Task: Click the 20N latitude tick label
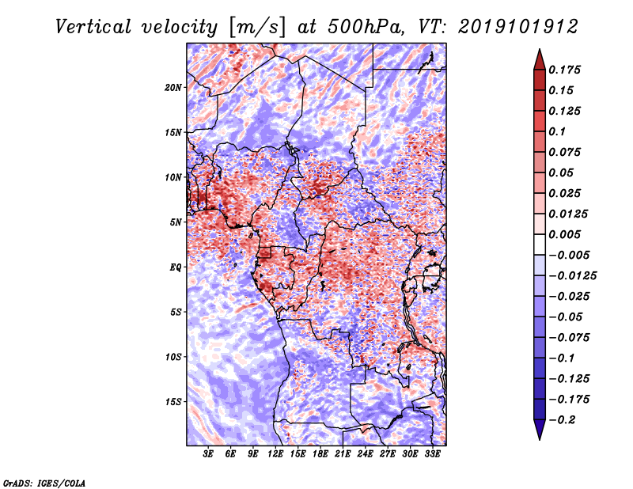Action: [x=173, y=88]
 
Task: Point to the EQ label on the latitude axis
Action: [x=176, y=267]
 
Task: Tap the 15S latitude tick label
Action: [x=173, y=402]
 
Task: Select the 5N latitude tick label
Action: [x=176, y=222]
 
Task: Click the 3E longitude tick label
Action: [x=208, y=454]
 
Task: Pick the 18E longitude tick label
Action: [x=320, y=454]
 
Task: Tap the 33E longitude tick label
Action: [x=432, y=454]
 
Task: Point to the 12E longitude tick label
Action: [x=275, y=454]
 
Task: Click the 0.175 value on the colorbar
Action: [x=564, y=70]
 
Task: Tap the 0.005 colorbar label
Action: [x=564, y=234]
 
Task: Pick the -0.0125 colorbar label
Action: [x=572, y=276]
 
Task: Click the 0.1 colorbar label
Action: [x=557, y=131]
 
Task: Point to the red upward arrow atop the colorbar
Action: [x=540, y=59]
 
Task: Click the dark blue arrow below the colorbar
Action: [x=540, y=430]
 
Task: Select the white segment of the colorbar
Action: [x=540, y=244]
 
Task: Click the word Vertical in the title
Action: [x=93, y=27]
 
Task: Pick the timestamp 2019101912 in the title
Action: [x=518, y=27]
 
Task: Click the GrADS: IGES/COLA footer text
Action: [x=44, y=483]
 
